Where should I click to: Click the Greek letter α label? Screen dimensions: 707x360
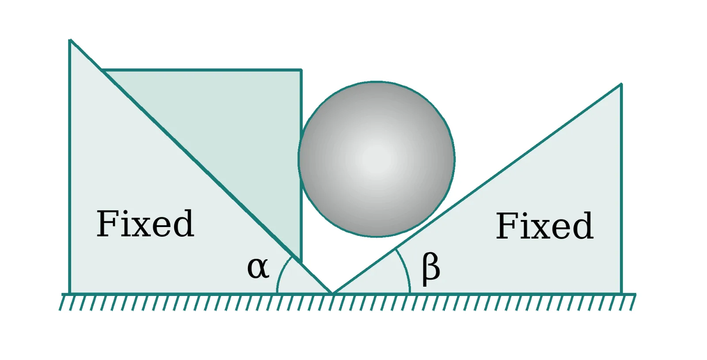coord(258,268)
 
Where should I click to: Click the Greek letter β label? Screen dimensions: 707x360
coord(431,269)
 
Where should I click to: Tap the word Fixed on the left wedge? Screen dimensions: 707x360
coord(145,224)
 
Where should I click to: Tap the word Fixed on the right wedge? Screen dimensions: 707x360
coord(544,226)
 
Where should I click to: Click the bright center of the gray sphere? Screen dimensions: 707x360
coord(376,159)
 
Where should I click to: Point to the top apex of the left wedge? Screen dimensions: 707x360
coord(70,40)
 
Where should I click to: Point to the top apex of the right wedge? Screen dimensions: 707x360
coord(621,84)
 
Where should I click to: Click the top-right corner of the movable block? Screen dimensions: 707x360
coord(301,70)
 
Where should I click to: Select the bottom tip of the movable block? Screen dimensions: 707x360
coord(301,261)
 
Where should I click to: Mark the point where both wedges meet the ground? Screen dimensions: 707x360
coord(332,293)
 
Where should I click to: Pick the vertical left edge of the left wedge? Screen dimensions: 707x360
coord(70,167)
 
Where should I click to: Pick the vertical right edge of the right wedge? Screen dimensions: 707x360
coord(621,189)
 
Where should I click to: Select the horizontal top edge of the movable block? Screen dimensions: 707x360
coord(201,70)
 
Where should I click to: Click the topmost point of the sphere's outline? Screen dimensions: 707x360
coord(376,82)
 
